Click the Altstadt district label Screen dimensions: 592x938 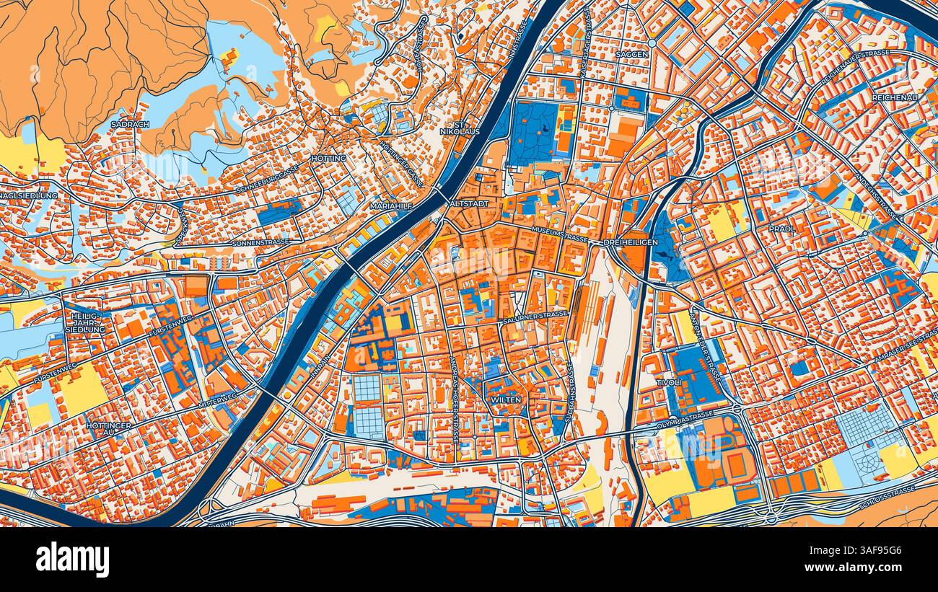[469, 204]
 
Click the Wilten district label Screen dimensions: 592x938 [505, 399]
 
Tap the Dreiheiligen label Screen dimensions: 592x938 [631, 242]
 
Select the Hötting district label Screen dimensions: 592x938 [328, 158]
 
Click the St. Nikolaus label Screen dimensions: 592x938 [450, 127]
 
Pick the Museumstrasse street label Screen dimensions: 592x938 [560, 234]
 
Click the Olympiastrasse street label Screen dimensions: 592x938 [685, 420]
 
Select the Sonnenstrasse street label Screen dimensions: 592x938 [260, 243]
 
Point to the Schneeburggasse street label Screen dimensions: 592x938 [266, 179]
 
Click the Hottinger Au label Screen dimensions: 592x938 [109, 430]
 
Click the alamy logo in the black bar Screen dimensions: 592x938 [72, 560]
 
